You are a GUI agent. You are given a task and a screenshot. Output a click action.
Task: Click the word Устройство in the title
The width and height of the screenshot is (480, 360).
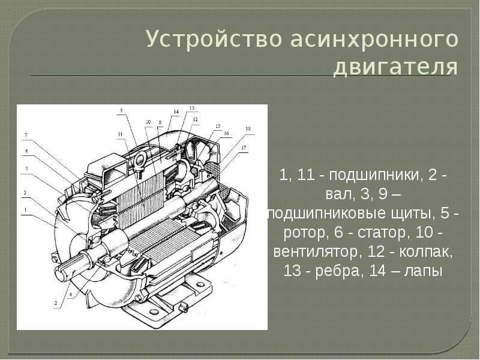pyautogui.click(x=214, y=40)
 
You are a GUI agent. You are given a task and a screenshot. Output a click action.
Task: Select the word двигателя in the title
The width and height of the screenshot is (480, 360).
pyautogui.click(x=395, y=67)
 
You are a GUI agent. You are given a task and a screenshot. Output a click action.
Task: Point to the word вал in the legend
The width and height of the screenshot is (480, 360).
pyautogui.click(x=338, y=194)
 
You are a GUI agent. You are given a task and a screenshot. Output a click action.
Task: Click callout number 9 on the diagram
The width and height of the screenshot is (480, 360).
pyautogui.click(x=121, y=110)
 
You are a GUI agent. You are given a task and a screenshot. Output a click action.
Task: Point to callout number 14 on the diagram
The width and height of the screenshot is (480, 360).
pyautogui.click(x=176, y=112)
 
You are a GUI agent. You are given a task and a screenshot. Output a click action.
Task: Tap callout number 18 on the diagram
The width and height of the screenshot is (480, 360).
pyautogui.click(x=248, y=128)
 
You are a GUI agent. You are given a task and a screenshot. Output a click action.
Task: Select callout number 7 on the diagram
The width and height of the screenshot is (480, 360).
pyautogui.click(x=26, y=135)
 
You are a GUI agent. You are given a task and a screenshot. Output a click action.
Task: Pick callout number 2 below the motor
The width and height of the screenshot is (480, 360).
pyautogui.click(x=56, y=303)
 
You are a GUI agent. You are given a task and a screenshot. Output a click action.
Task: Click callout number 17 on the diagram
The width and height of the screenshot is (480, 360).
pyautogui.click(x=244, y=148)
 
